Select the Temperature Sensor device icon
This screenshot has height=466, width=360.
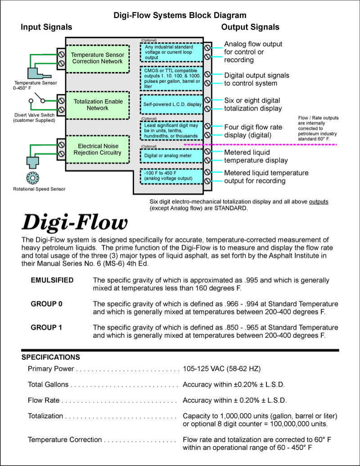point(34,72)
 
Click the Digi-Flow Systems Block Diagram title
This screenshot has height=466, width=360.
point(180,16)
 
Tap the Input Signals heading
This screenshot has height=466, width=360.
point(46,27)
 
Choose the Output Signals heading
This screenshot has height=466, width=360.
point(250,27)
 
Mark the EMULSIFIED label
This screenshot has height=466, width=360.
point(52,280)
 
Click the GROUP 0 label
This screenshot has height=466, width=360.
point(46,304)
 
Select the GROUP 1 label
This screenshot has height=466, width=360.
point(46,327)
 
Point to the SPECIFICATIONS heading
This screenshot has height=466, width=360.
point(51,357)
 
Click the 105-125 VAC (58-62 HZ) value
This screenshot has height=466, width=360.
point(221,369)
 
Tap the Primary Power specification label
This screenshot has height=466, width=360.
point(51,369)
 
